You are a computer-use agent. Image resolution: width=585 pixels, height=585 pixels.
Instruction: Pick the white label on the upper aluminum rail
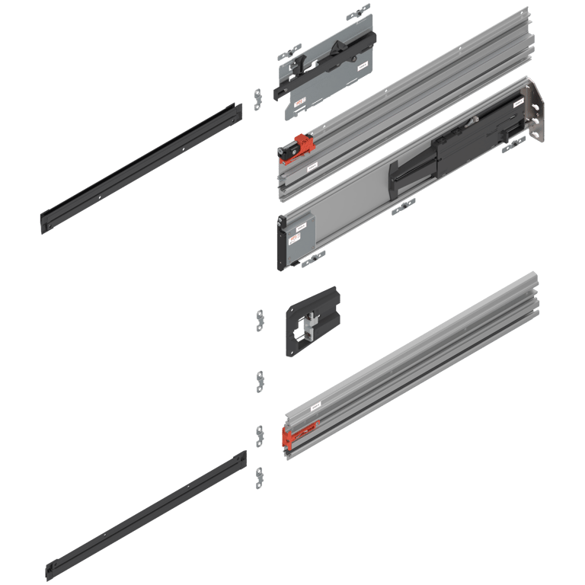pos(312,165)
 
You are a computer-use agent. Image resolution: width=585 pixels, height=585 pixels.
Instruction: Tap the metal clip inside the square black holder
pos(308,326)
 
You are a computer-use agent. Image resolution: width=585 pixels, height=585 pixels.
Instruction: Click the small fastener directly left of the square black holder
pos(260,319)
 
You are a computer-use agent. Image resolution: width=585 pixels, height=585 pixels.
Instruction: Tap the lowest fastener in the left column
pos(260,478)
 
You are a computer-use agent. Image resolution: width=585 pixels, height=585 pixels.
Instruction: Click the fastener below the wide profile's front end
pos(312,261)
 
